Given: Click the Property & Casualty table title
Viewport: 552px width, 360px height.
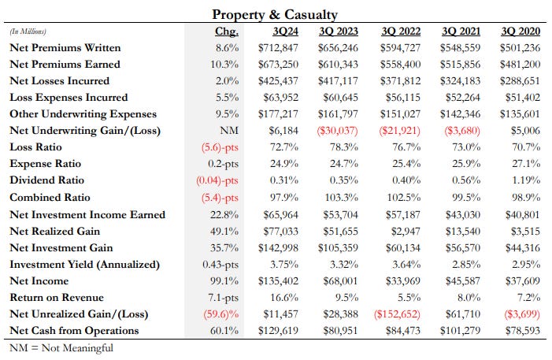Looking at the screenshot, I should coord(275,14).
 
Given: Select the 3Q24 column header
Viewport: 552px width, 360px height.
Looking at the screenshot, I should coord(285,32).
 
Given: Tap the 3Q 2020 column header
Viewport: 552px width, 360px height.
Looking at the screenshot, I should coord(521,32).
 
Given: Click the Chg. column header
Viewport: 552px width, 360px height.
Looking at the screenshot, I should coord(226,32).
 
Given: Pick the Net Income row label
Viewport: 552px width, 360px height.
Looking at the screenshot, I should coord(41,280).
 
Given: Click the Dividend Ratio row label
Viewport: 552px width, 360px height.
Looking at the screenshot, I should coord(46,180).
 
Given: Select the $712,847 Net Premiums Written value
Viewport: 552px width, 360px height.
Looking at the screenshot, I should coord(280,47).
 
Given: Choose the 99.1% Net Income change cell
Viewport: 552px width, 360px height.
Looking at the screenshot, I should coord(224,280).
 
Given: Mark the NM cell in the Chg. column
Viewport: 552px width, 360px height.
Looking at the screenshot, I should coord(229,131).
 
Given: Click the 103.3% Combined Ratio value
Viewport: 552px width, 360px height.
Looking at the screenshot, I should coord(341,198).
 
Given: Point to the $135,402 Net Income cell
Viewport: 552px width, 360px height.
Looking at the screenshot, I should coord(280,280).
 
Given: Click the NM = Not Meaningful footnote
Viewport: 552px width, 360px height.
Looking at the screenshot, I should coord(61,347).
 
